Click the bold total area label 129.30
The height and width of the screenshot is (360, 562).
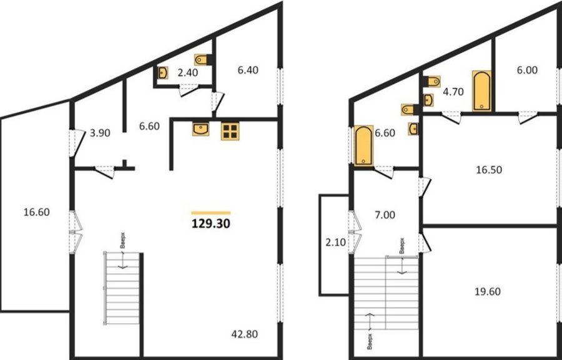coord(211,224)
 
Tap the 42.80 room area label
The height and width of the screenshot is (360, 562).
coord(244,334)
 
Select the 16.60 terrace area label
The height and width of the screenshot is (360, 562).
coord(37,212)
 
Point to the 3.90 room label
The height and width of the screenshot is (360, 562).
coord(100,134)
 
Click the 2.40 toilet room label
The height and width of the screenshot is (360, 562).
coord(187,73)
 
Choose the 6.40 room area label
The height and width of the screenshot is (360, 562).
coord(248,70)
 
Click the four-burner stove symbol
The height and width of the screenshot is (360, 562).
coord(230,131)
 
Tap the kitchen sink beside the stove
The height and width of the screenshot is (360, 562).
coord(200,129)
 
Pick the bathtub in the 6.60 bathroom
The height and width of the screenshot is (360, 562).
coord(364,145)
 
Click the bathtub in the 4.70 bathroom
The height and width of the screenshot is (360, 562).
coord(481,90)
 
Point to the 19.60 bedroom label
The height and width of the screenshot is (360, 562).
coord(488,291)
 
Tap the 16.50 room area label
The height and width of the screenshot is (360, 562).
coord(489,170)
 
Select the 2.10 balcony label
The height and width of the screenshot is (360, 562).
coord(335,243)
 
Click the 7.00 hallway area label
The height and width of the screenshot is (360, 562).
coord(385,215)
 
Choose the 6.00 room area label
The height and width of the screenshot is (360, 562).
coord(527,70)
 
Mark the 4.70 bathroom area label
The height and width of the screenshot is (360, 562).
coord(453,92)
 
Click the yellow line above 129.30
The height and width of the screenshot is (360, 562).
coord(211,213)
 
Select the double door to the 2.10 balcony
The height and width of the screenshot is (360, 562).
coord(355,232)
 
